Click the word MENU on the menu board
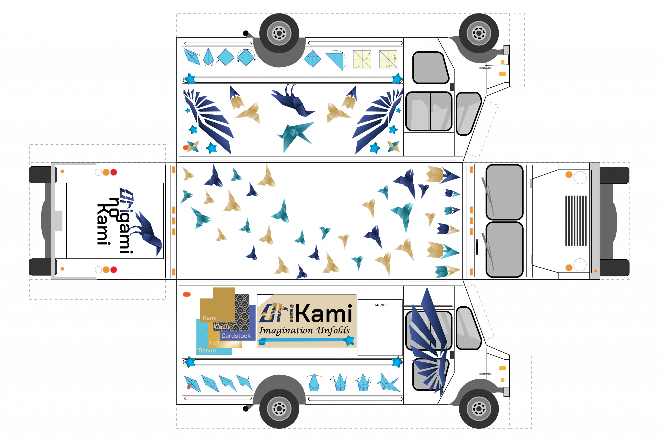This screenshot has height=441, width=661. coord(380,305)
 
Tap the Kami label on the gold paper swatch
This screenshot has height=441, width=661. coord(209,318)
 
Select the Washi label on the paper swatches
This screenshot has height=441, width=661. coord(222,327)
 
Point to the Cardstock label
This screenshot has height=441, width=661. coord(236,336)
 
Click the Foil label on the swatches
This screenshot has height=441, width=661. coord(214,343)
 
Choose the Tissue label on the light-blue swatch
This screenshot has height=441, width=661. coord(207,350)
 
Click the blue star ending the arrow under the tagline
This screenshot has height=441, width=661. coord(349,340)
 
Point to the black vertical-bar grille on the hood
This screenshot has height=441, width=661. coord(576,221)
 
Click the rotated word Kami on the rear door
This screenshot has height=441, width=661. coord(103,224)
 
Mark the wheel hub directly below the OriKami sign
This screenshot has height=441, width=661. coord(279,408)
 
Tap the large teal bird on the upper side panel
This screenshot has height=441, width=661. coord(295,134)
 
